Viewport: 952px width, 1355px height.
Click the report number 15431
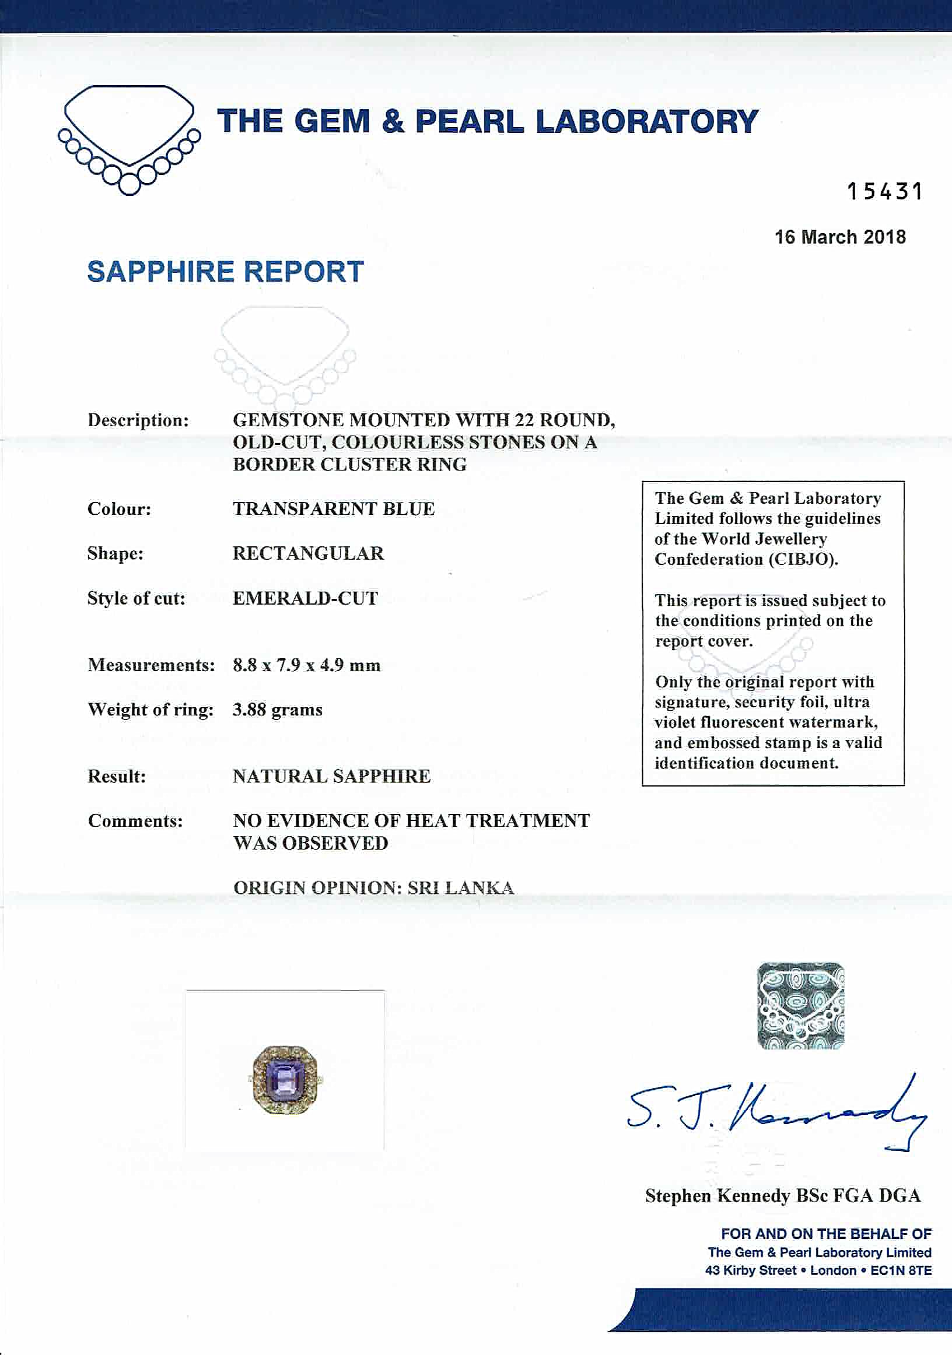884,192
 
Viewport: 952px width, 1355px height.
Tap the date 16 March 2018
840,237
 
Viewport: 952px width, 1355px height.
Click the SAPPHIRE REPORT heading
225,272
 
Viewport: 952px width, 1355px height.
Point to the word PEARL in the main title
470,122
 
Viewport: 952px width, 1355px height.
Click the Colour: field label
120,510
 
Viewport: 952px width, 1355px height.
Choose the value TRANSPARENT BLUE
334,510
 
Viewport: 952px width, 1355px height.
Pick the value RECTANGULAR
308,553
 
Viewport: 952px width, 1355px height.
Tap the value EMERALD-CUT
305,598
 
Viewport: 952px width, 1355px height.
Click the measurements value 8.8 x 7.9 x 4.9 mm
306,666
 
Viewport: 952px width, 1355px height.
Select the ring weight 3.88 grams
278,710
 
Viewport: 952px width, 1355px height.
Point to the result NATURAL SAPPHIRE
331,777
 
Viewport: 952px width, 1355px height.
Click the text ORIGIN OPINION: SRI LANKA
373,888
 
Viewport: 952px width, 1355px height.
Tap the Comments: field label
135,821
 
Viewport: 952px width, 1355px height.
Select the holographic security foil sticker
800,1006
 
